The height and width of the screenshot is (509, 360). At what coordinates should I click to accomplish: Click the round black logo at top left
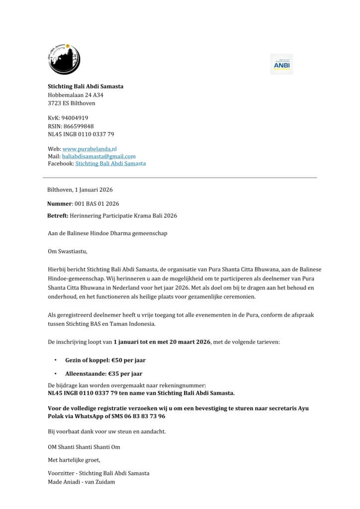(x=64, y=59)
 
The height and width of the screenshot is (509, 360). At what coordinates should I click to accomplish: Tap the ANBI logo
(x=281, y=65)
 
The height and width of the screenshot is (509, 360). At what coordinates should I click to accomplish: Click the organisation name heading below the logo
(x=86, y=86)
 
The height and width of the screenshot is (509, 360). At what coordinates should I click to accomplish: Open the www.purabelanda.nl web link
(x=90, y=149)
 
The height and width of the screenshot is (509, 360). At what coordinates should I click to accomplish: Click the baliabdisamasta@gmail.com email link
(x=98, y=156)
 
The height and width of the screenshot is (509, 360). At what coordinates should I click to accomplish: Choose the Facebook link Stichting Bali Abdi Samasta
(x=110, y=164)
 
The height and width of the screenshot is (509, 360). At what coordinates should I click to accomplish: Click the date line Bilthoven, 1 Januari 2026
(x=80, y=190)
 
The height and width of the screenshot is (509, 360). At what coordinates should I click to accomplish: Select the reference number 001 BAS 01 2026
(x=96, y=204)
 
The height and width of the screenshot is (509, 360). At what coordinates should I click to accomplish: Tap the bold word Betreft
(x=58, y=216)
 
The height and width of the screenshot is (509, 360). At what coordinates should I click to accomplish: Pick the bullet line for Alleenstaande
(x=103, y=374)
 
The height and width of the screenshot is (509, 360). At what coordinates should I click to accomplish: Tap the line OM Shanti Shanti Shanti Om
(x=84, y=447)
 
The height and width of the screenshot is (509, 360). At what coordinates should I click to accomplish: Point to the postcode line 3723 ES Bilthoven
(x=72, y=103)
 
